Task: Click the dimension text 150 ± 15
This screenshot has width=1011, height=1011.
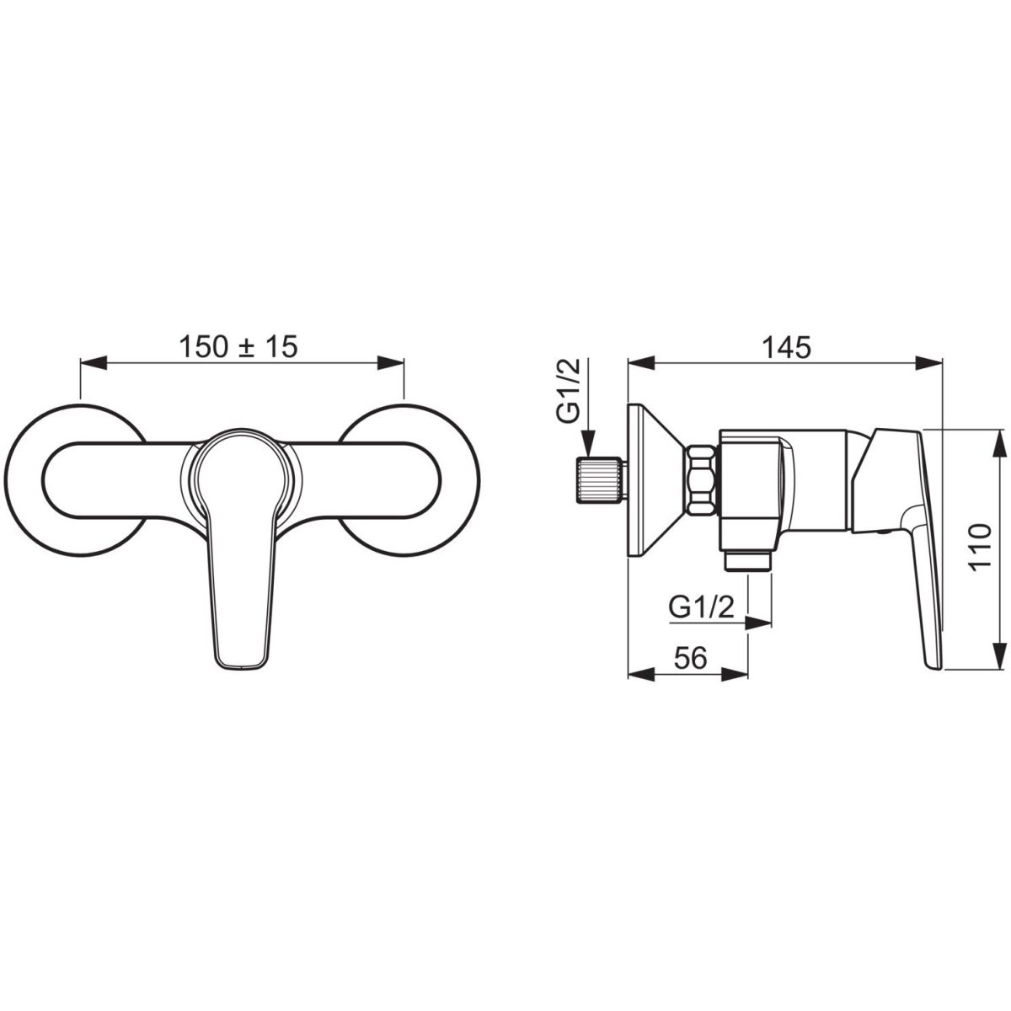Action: (x=238, y=347)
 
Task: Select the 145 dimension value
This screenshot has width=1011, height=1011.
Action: (x=786, y=347)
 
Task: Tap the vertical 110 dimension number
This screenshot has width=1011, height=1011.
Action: (x=980, y=547)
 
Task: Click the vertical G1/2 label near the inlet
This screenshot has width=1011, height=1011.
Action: (x=569, y=390)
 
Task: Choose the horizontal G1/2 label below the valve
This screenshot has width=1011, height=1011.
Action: (x=702, y=608)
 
